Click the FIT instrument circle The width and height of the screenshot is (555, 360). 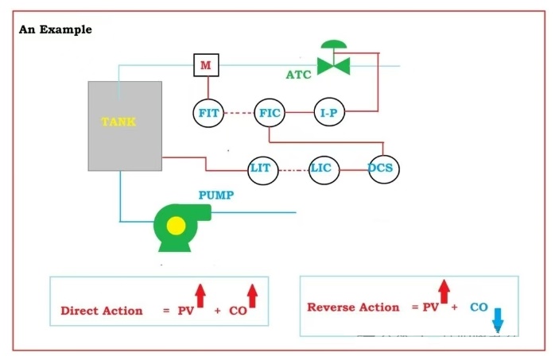click(208, 114)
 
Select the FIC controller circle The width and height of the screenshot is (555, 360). click(270, 114)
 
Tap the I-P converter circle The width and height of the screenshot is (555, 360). click(328, 114)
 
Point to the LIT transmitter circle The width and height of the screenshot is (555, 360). click(261, 168)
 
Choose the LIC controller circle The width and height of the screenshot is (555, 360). click(320, 168)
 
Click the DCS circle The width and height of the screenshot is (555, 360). click(383, 168)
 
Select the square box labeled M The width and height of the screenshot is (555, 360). click(206, 65)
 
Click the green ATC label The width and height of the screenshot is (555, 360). click(299, 75)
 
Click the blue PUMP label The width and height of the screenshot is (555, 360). click(216, 195)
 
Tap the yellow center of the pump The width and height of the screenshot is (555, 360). click(176, 226)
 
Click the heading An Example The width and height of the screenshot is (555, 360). click(55, 29)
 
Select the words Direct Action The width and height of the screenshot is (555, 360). click(102, 311)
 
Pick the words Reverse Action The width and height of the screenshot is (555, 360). click(353, 308)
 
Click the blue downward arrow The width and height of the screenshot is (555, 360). click(499, 319)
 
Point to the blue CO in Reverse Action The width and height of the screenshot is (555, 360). click(479, 307)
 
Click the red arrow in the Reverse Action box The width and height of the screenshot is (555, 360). click(444, 291)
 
